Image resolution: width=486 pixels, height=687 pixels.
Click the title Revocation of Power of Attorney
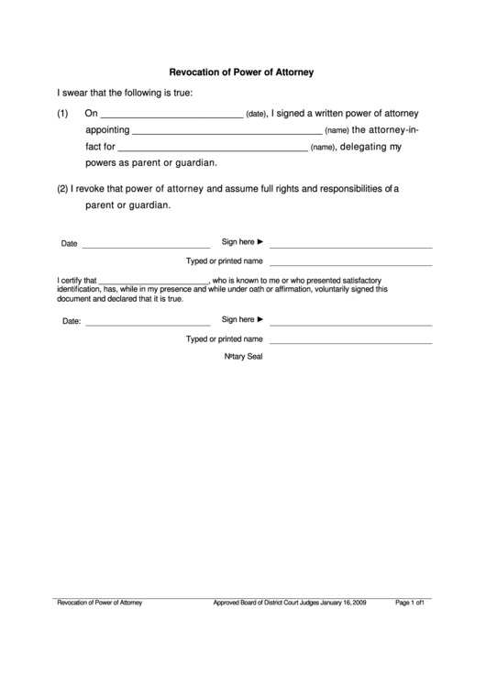coord(242,72)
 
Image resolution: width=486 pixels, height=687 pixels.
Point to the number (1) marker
coord(63,114)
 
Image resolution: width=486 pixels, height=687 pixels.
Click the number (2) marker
coord(63,189)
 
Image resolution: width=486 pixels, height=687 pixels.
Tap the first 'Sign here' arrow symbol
coord(260,242)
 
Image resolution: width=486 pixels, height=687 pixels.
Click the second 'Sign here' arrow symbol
coord(260,319)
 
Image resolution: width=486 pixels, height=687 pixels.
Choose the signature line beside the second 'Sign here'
coord(350,325)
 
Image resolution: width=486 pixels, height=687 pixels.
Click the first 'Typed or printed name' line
coord(350,265)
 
